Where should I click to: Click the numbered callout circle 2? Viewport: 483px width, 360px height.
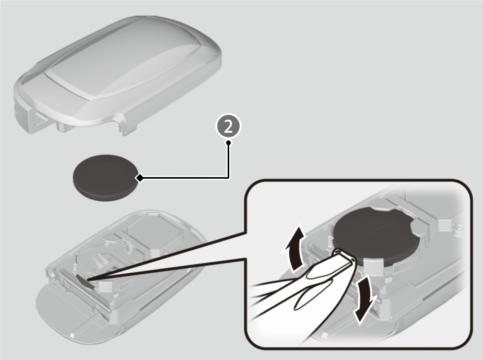(x=228, y=126)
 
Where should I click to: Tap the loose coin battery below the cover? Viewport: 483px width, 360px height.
(x=105, y=178)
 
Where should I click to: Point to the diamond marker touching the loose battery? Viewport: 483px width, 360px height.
(x=139, y=178)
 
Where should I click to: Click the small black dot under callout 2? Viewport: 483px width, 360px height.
(x=228, y=143)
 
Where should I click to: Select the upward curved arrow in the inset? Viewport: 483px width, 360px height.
(x=293, y=250)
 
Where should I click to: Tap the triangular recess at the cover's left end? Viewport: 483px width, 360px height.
(x=40, y=119)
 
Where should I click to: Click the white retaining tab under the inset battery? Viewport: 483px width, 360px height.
(x=373, y=265)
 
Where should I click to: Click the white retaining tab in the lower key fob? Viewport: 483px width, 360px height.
(x=105, y=287)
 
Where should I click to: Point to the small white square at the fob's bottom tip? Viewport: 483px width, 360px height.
(x=73, y=335)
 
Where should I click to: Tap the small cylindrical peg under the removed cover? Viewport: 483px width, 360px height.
(x=62, y=127)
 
